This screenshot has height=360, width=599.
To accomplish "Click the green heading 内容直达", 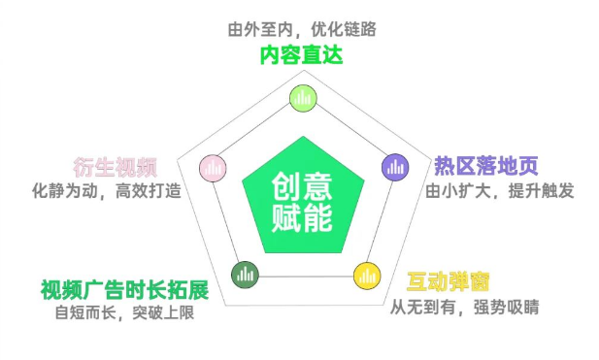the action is point(300,55).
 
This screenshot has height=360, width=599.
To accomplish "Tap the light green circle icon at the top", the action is point(303,96).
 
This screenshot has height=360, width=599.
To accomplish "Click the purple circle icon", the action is point(394,166).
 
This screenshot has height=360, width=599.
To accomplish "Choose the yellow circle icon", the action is point(364,274).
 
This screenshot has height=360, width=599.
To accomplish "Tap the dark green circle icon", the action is point(243,275).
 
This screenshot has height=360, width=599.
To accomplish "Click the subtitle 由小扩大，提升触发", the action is point(500,190).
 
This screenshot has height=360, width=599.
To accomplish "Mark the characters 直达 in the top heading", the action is point(321,55).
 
